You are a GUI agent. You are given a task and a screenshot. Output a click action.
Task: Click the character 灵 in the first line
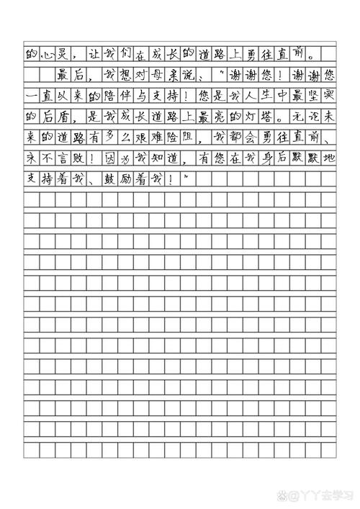(x=64, y=53)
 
